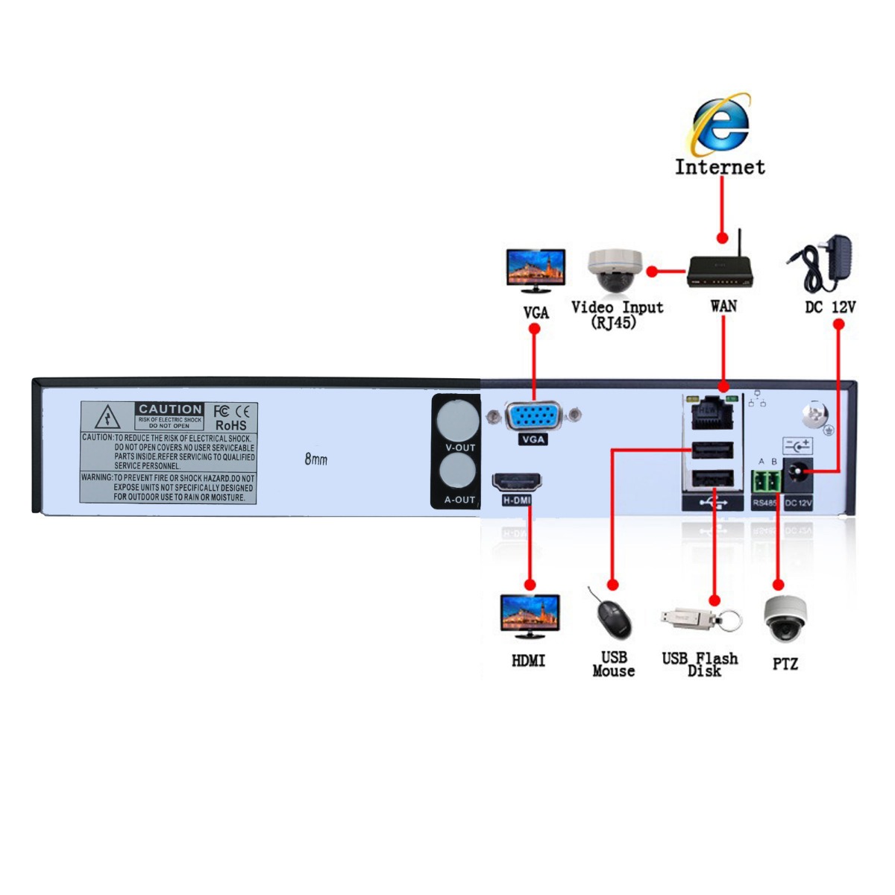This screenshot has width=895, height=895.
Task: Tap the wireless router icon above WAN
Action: click(x=720, y=270)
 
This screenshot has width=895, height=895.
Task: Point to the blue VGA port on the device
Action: click(x=533, y=416)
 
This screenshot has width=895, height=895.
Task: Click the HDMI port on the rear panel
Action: click(x=517, y=482)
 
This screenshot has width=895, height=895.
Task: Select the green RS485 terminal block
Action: click(x=765, y=481)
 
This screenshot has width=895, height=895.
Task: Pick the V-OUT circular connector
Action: click(x=457, y=420)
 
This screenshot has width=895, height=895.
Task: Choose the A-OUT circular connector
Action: click(x=457, y=472)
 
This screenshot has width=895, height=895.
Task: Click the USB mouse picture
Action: click(x=613, y=615)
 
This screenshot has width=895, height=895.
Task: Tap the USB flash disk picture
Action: click(x=700, y=618)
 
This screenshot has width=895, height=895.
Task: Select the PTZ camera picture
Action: click(x=785, y=619)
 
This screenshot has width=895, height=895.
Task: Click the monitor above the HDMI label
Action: click(x=530, y=615)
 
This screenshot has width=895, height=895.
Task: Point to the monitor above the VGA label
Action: click(x=536, y=270)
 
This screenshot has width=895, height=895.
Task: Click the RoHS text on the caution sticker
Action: click(x=230, y=425)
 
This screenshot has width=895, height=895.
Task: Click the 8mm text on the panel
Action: click(x=315, y=459)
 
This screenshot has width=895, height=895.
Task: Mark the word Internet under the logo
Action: click(x=720, y=166)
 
